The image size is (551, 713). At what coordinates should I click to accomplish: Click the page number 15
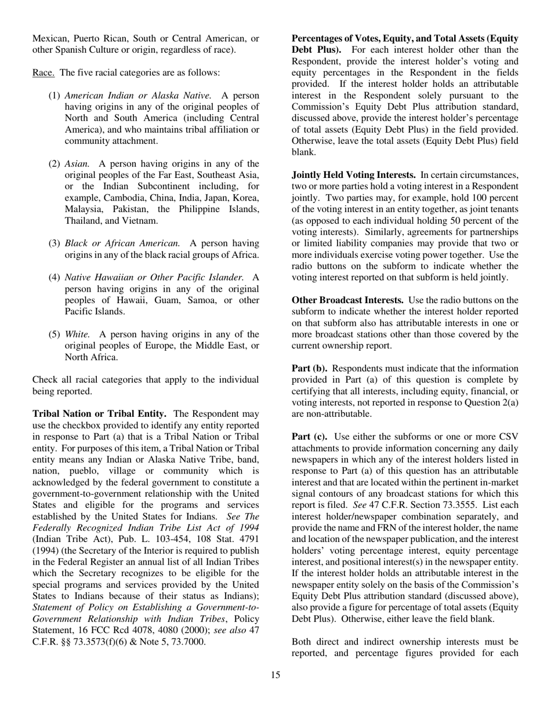tap(275, 674)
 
